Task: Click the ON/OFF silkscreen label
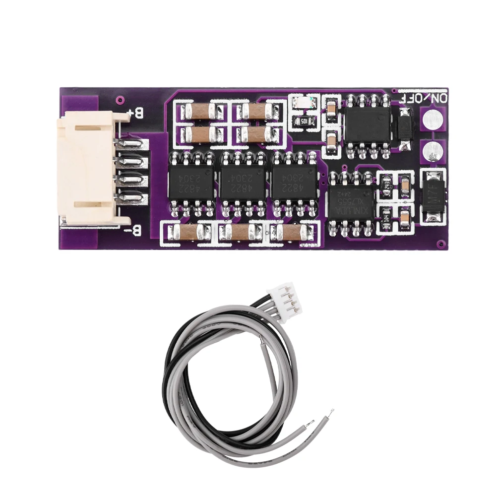pos(420,98)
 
